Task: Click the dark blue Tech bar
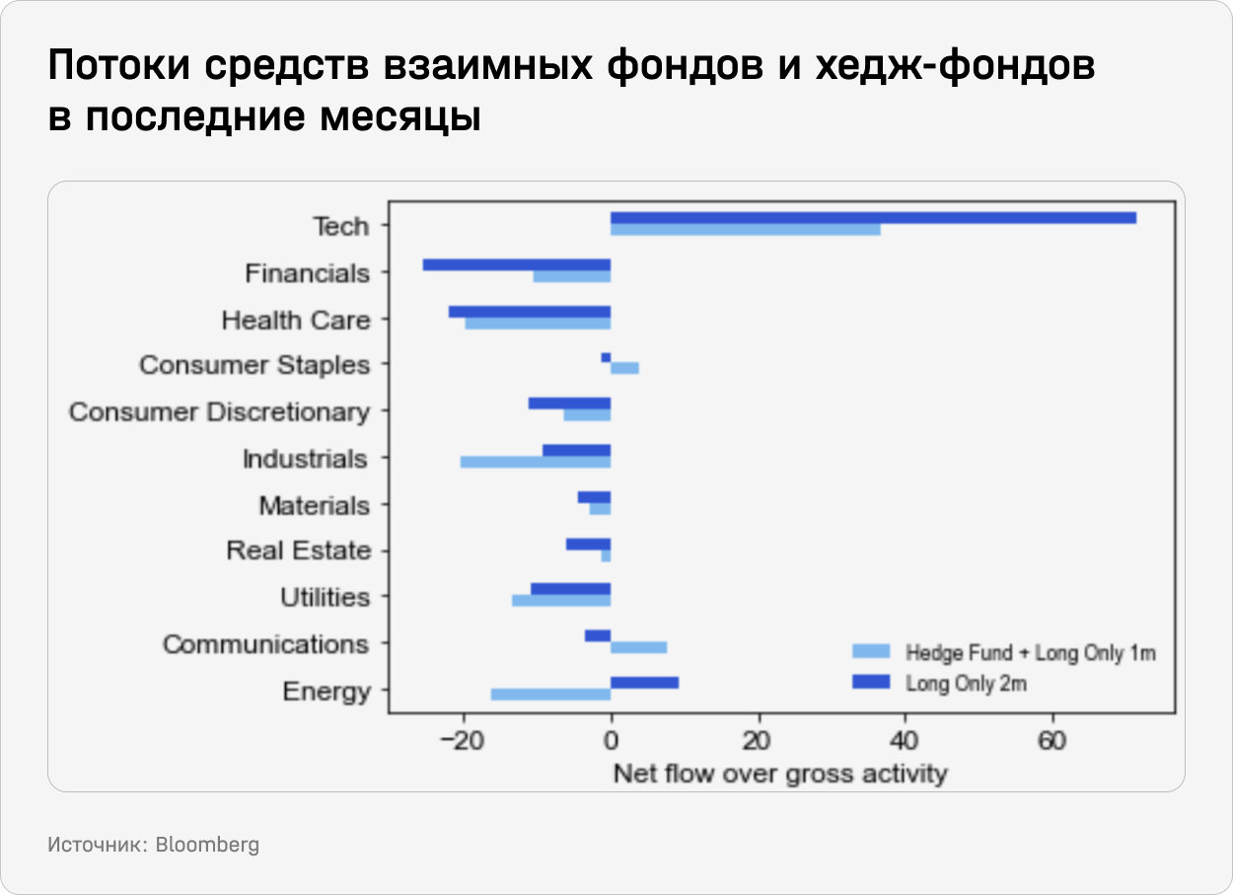click(x=873, y=218)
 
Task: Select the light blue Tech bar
click(x=746, y=230)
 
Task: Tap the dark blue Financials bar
click(x=517, y=264)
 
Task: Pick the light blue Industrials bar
click(x=536, y=462)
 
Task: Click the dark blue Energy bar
click(x=644, y=683)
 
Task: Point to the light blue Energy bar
click(x=550, y=695)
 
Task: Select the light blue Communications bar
click(x=638, y=647)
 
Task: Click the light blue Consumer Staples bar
click(x=624, y=368)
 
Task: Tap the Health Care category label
click(x=296, y=321)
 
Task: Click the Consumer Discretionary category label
click(x=219, y=412)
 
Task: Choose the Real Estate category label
click(x=299, y=551)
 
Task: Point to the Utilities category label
click(x=325, y=598)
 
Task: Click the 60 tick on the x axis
click(x=1052, y=741)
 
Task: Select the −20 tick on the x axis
click(x=460, y=741)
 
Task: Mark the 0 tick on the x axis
click(x=611, y=741)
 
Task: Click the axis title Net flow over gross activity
click(x=779, y=773)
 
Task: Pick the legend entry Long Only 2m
click(x=966, y=683)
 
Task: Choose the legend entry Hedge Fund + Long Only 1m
click(x=1030, y=652)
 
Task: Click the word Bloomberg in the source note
click(x=207, y=846)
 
